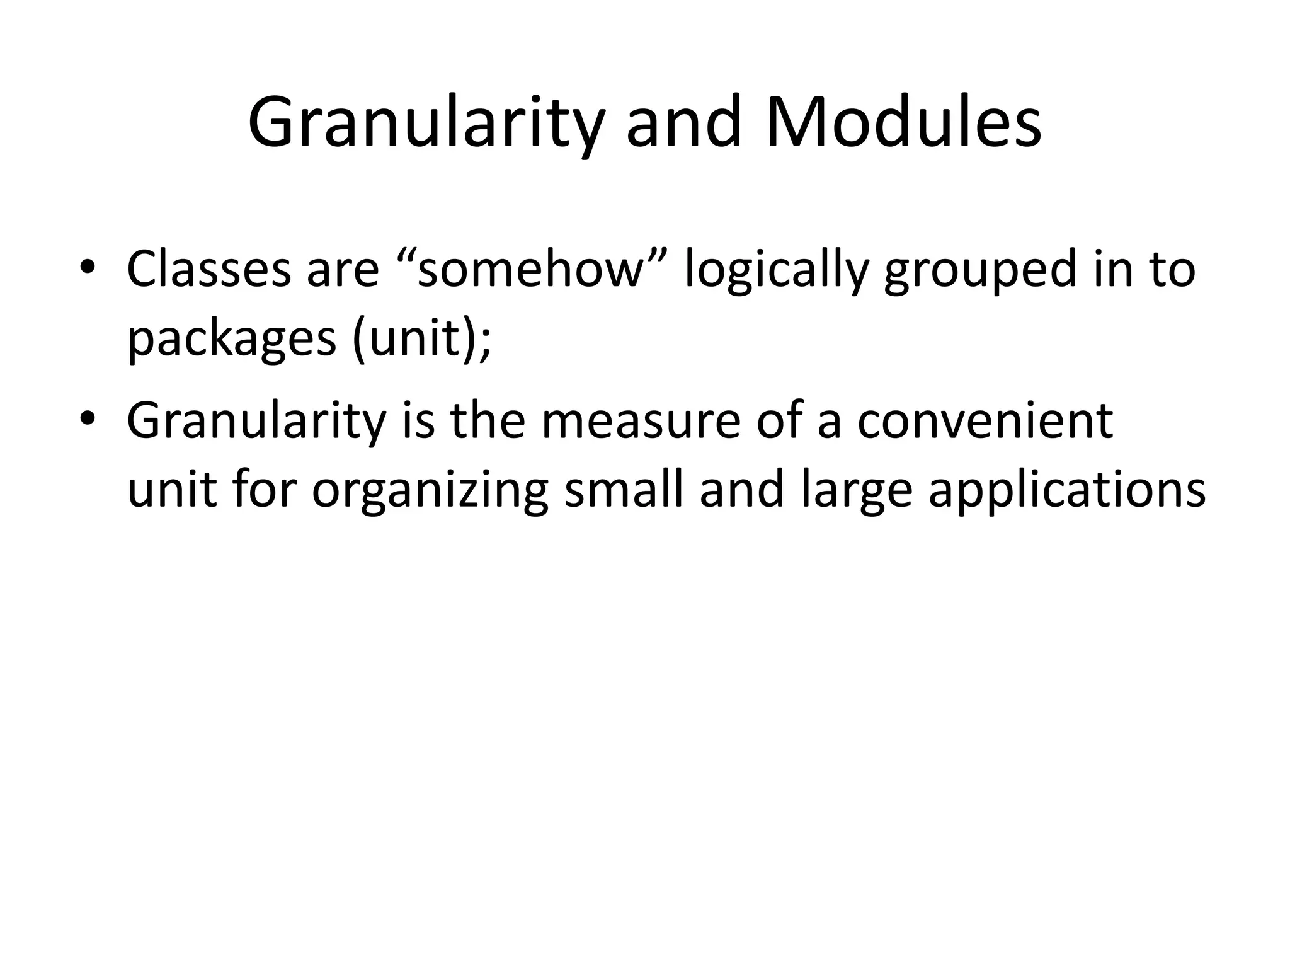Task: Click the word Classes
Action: [208, 269]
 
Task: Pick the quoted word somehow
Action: [532, 269]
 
